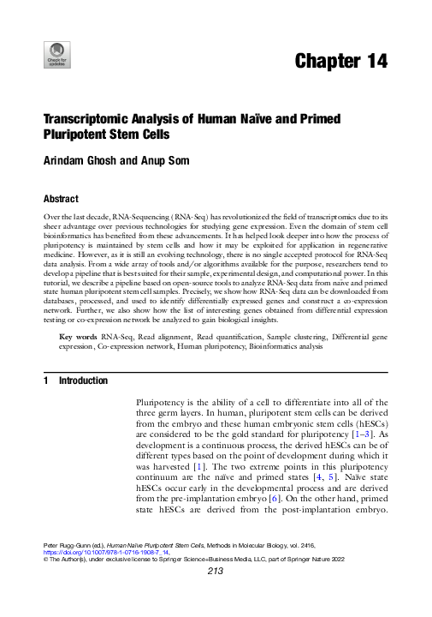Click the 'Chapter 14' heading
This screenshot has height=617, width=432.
pyautogui.click(x=340, y=61)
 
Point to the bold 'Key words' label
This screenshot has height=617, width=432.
pyautogui.click(x=79, y=362)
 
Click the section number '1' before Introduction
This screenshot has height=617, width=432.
pyautogui.click(x=45, y=404)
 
